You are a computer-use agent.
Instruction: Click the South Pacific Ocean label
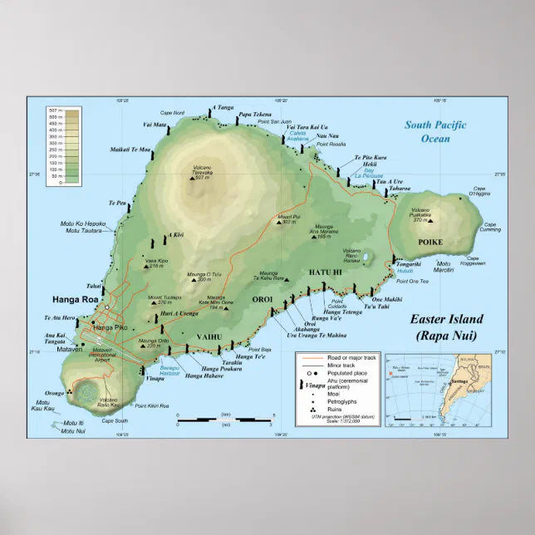(x=435, y=131)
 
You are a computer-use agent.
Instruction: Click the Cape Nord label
(x=172, y=113)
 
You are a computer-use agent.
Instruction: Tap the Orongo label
(x=54, y=393)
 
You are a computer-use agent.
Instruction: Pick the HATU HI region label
(x=326, y=272)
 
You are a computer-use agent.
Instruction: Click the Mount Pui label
(x=287, y=218)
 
